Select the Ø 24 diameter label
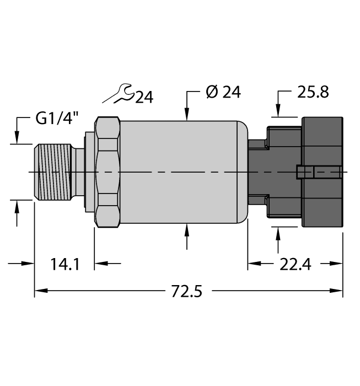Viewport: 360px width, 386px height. [x=223, y=92]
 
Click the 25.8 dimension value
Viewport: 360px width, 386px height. [x=313, y=92]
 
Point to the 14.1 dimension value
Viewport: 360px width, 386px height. [x=65, y=264]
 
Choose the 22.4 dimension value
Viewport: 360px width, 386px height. [x=295, y=264]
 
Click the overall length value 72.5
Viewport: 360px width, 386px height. [x=186, y=291]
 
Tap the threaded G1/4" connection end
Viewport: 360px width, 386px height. [x=53, y=172]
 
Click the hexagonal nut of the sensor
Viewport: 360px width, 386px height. [x=108, y=172]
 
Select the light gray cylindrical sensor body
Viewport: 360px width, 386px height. [x=179, y=172]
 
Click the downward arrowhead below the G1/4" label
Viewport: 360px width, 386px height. [x=17, y=138]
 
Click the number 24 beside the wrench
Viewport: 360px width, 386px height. [x=144, y=98]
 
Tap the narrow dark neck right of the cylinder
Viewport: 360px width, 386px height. [x=256, y=172]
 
